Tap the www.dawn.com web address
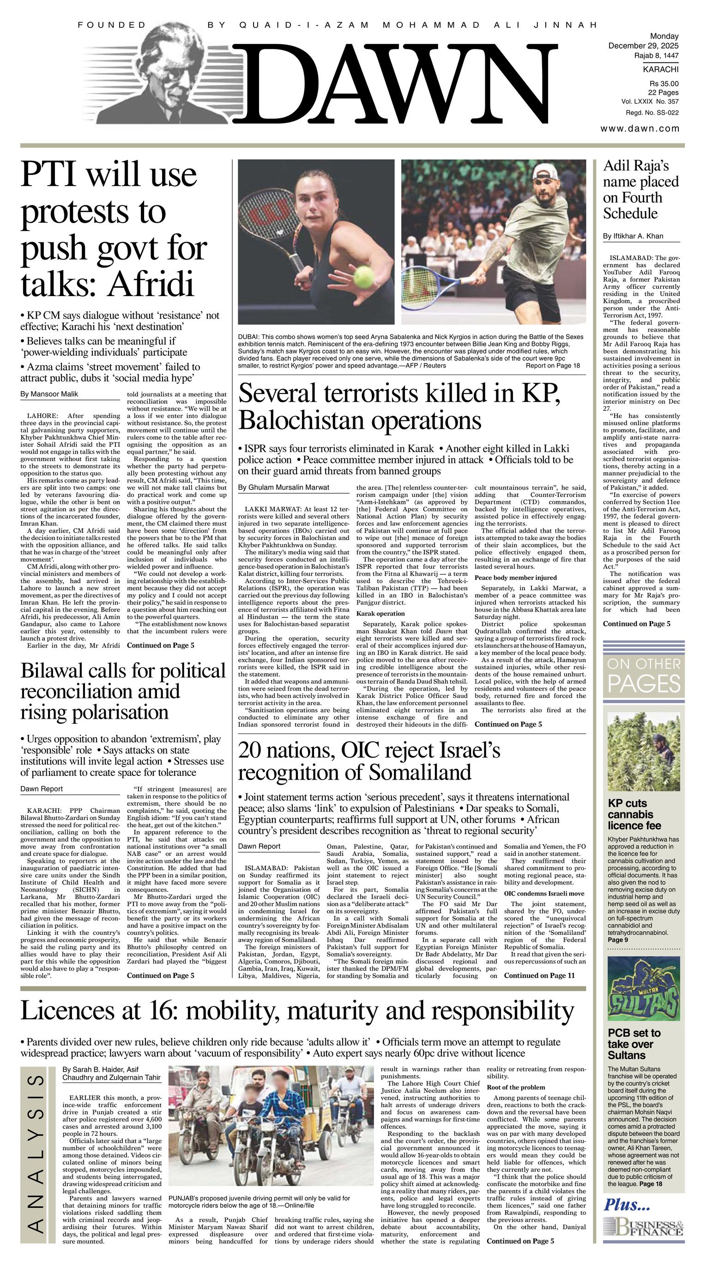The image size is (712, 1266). (x=640, y=129)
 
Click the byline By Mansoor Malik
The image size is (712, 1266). (x=49, y=394)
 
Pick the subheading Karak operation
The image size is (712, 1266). (x=380, y=613)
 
